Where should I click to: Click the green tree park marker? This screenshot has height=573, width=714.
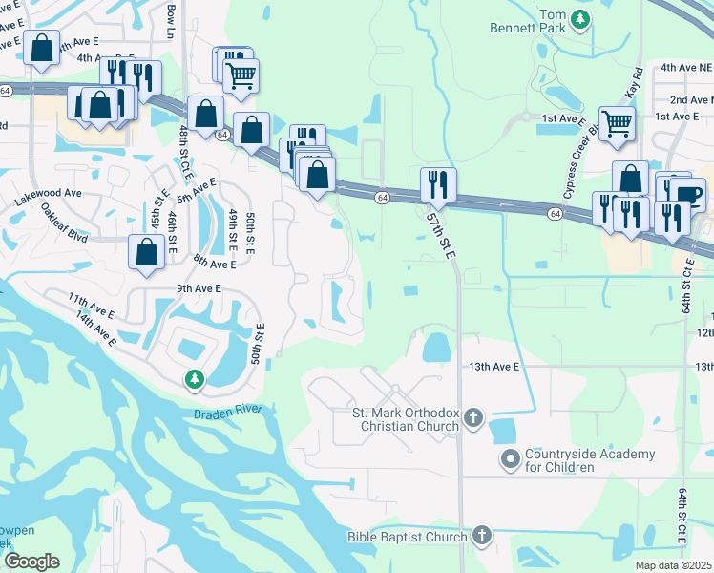tap(195, 380)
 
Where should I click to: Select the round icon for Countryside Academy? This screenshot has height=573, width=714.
tap(509, 460)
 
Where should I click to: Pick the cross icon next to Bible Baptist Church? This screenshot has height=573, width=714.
tap(482, 537)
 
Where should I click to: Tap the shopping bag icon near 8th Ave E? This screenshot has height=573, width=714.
tap(146, 253)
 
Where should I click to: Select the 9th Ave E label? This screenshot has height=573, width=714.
tap(199, 287)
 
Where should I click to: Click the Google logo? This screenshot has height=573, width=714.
tap(31, 562)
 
